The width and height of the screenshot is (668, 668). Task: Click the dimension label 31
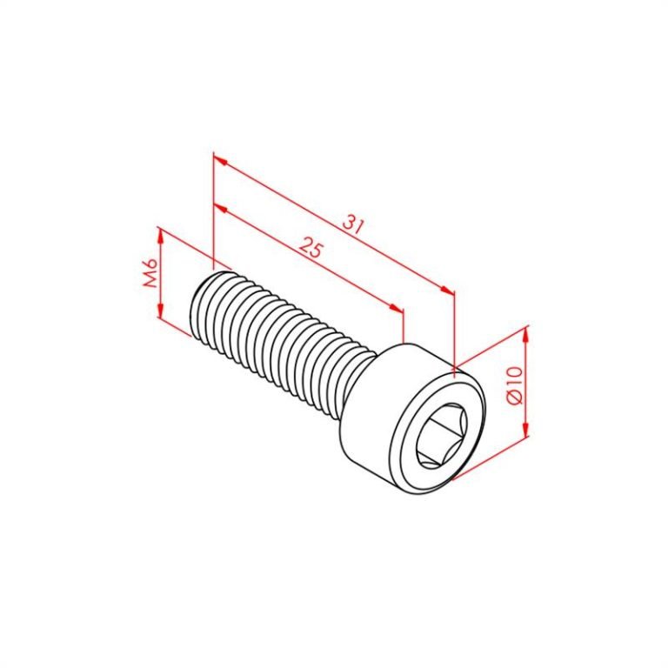(351, 224)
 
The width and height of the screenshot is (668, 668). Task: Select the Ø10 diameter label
(513, 384)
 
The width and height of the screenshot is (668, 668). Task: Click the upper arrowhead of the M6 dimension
(159, 233)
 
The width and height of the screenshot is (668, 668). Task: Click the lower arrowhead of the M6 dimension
(159, 312)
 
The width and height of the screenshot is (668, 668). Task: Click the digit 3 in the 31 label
(347, 221)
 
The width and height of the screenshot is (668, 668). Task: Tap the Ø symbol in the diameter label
(513, 397)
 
